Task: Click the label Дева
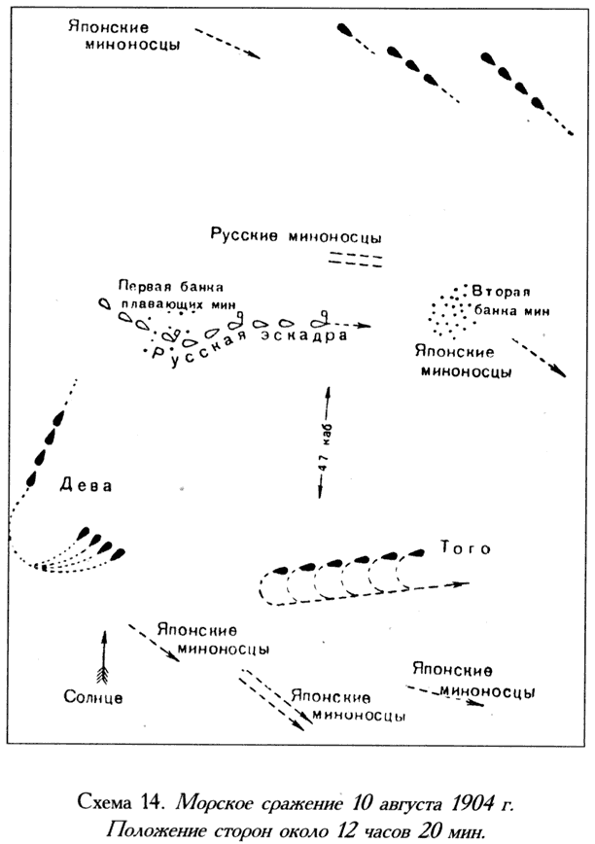click(x=87, y=485)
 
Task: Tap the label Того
click(x=466, y=548)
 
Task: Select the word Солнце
click(x=93, y=697)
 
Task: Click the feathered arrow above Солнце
click(x=104, y=656)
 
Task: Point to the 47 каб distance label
click(x=324, y=447)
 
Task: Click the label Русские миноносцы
click(x=296, y=235)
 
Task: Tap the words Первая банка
click(x=171, y=286)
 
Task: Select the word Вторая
click(x=501, y=292)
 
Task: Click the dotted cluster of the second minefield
click(x=452, y=312)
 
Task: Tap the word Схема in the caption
click(x=107, y=802)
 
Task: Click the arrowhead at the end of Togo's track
click(x=462, y=583)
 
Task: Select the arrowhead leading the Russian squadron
click(x=365, y=326)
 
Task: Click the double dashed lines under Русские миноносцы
click(x=356, y=259)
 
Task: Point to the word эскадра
click(x=304, y=335)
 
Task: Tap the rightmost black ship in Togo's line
click(x=416, y=553)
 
